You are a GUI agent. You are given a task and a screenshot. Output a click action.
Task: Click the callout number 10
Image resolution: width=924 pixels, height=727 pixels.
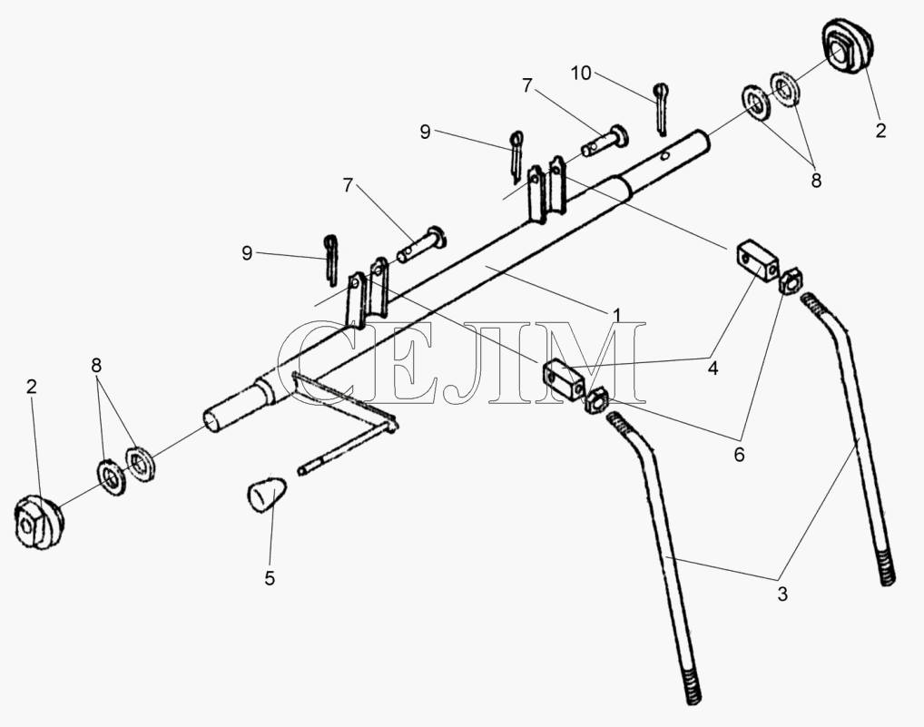click(x=580, y=74)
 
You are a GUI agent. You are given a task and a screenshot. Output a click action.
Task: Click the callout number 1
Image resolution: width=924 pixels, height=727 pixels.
click(x=616, y=316)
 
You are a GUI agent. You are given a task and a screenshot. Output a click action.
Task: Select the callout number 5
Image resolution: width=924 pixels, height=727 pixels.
click(x=270, y=578)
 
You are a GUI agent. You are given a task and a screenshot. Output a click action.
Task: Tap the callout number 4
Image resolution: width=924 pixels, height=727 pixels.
click(x=713, y=368)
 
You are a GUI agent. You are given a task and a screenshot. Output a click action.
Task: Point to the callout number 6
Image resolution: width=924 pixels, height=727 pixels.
click(x=739, y=454)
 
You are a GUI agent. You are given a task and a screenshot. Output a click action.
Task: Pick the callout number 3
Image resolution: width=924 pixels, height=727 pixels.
click(x=782, y=594)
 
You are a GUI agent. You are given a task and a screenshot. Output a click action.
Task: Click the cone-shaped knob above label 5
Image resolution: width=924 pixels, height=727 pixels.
click(x=266, y=495)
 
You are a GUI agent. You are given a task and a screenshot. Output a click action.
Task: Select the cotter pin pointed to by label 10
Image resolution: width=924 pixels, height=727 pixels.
click(x=661, y=108)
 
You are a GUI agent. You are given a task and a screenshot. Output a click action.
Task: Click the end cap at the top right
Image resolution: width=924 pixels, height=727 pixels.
click(x=847, y=47)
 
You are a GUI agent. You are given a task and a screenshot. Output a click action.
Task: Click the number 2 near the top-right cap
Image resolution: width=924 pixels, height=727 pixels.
click(x=880, y=130)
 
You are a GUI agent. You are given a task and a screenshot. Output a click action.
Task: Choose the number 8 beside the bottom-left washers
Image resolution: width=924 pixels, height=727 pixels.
click(x=96, y=365)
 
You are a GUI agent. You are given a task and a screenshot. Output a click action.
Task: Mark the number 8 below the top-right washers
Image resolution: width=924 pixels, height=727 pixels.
click(x=816, y=181)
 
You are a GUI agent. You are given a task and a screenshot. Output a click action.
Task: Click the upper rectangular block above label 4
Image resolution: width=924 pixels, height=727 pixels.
click(x=758, y=261)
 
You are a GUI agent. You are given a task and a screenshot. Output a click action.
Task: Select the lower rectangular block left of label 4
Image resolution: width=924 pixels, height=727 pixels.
click(x=564, y=381)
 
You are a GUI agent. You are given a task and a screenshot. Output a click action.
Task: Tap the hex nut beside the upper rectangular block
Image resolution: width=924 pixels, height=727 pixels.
click(x=790, y=281)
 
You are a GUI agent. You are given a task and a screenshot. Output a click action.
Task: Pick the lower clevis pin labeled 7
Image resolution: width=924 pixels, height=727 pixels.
click(x=422, y=243)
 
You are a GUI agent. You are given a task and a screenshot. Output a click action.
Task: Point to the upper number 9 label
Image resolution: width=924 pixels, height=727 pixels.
click(x=425, y=132)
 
